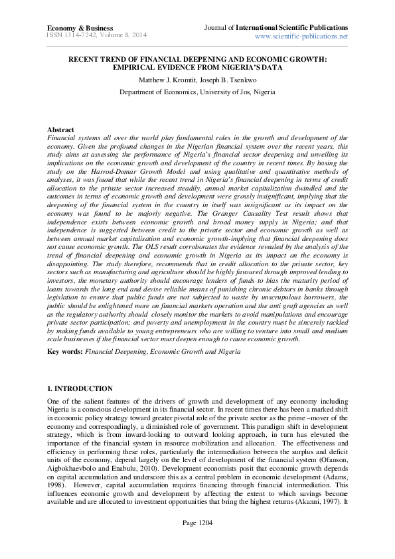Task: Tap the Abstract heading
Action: pos(61,129)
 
